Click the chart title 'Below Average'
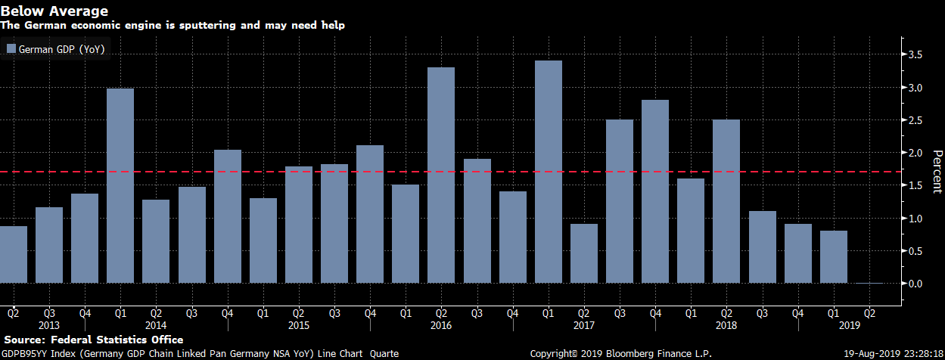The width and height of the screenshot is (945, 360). [54, 11]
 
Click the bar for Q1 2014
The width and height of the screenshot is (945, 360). [120, 186]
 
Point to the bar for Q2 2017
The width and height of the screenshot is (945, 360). [584, 253]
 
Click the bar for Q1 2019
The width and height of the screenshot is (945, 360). [833, 257]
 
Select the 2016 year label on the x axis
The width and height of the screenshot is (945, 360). [441, 325]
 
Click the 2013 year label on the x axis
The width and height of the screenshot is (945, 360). [48, 325]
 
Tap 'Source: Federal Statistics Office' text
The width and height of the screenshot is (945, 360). [93, 340]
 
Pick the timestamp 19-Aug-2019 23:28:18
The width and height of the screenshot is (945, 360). [892, 353]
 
